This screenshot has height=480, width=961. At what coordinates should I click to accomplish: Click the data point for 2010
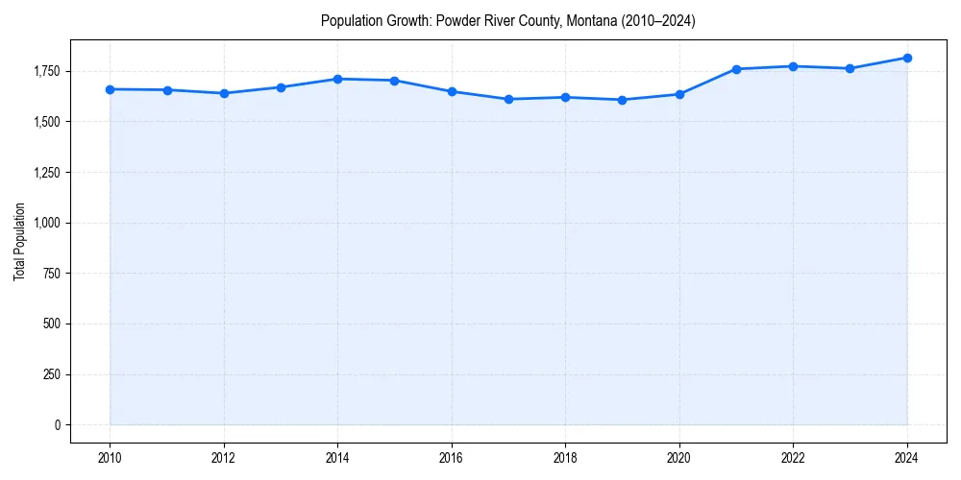pyautogui.click(x=110, y=89)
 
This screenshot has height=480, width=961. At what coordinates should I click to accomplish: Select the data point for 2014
pyautogui.click(x=337, y=79)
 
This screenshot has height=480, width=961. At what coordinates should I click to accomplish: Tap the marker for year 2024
pyautogui.click(x=907, y=58)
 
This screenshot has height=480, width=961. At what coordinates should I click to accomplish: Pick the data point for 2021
pyautogui.click(x=736, y=69)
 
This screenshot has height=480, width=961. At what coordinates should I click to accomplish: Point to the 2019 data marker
pyautogui.click(x=623, y=100)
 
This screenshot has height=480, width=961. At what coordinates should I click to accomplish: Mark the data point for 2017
pyautogui.click(x=508, y=99)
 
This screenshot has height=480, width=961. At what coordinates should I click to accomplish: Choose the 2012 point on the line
pyautogui.click(x=224, y=93)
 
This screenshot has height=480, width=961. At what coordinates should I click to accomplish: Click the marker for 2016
pyautogui.click(x=452, y=91)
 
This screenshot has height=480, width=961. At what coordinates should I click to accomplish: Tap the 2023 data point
pyautogui.click(x=850, y=68)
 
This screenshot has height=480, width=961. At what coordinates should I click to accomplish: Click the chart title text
pyautogui.click(x=508, y=20)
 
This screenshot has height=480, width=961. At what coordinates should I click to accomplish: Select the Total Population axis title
pyautogui.click(x=19, y=241)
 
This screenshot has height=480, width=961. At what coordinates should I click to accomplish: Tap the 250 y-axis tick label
pyautogui.click(x=50, y=375)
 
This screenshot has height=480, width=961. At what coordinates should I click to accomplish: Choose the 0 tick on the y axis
pyautogui.click(x=57, y=425)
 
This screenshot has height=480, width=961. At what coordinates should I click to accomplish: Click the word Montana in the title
pyautogui.click(x=591, y=20)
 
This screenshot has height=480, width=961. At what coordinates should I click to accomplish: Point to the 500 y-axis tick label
pyautogui.click(x=50, y=324)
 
